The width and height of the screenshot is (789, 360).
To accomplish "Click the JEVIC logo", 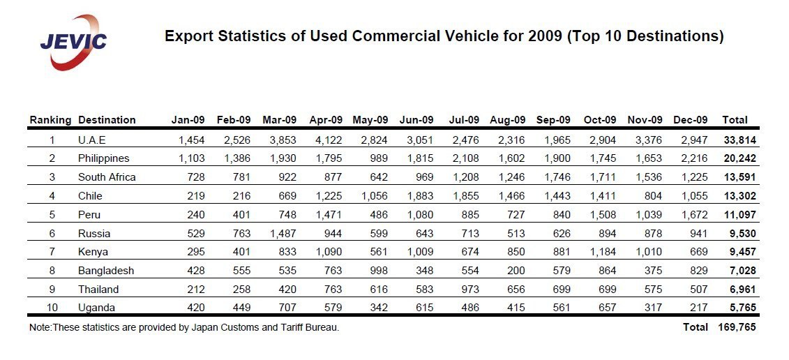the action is pos(73,43).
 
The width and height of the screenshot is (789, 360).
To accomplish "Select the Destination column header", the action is pos(107,120).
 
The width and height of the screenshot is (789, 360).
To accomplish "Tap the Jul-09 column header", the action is pos(464,120).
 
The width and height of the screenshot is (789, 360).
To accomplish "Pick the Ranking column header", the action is pos(50,120).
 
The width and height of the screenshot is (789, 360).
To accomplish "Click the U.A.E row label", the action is pos(92,140).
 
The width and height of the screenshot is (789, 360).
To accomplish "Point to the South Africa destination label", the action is pos(107,177).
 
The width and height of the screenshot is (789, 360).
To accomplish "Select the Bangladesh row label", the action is pos(106,271).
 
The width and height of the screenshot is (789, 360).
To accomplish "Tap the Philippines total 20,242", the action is pos(739,158).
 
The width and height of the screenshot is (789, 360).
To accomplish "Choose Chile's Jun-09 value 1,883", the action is pos(420,196).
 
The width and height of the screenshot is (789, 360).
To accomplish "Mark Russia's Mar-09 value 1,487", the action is pos(283,234).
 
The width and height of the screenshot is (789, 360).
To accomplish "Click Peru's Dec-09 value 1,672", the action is pos(694,215).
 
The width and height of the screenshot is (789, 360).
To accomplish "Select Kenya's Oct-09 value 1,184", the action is pos(602,253).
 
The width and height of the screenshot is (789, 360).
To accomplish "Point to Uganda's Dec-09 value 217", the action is pos(699,308).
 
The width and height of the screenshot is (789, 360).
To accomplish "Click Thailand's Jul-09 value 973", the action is pos(470,290).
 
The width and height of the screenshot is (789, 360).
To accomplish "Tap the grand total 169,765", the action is pos(737,327).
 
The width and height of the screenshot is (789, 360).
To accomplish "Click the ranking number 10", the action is pos(52,308).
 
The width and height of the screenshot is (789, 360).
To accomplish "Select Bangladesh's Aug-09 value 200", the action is pos(516,271).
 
